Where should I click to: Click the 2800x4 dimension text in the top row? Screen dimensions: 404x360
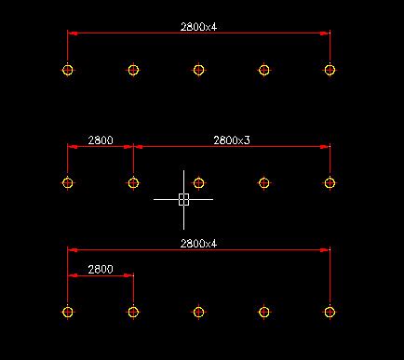(x=198, y=27)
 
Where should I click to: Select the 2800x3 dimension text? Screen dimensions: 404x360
(x=232, y=140)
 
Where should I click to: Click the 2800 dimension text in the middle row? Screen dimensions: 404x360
(x=101, y=140)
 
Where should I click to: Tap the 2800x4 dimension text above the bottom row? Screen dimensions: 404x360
(x=198, y=243)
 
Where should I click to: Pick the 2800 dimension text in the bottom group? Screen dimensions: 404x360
(x=101, y=269)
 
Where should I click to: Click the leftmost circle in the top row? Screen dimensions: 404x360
(x=68, y=70)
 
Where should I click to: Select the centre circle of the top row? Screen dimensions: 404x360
(x=198, y=70)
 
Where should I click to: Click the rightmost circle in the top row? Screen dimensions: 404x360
(x=330, y=70)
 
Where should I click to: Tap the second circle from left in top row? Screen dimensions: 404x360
(x=133, y=70)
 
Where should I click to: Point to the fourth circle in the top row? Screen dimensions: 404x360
(x=264, y=70)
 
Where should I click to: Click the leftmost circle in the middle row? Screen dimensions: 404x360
(x=68, y=182)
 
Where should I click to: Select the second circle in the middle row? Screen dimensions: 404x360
(x=133, y=182)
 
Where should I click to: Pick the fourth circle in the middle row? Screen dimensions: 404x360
(x=264, y=182)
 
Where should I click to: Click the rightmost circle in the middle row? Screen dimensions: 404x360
(x=330, y=182)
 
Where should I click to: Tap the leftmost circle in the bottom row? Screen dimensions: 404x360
(x=68, y=312)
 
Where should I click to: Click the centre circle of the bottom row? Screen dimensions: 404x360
(x=198, y=312)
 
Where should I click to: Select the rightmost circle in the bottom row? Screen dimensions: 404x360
(x=330, y=312)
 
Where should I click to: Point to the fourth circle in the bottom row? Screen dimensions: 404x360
(x=264, y=312)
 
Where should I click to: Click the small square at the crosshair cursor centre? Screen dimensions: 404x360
(x=183, y=198)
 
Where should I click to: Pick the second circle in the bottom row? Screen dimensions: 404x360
(x=133, y=312)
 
